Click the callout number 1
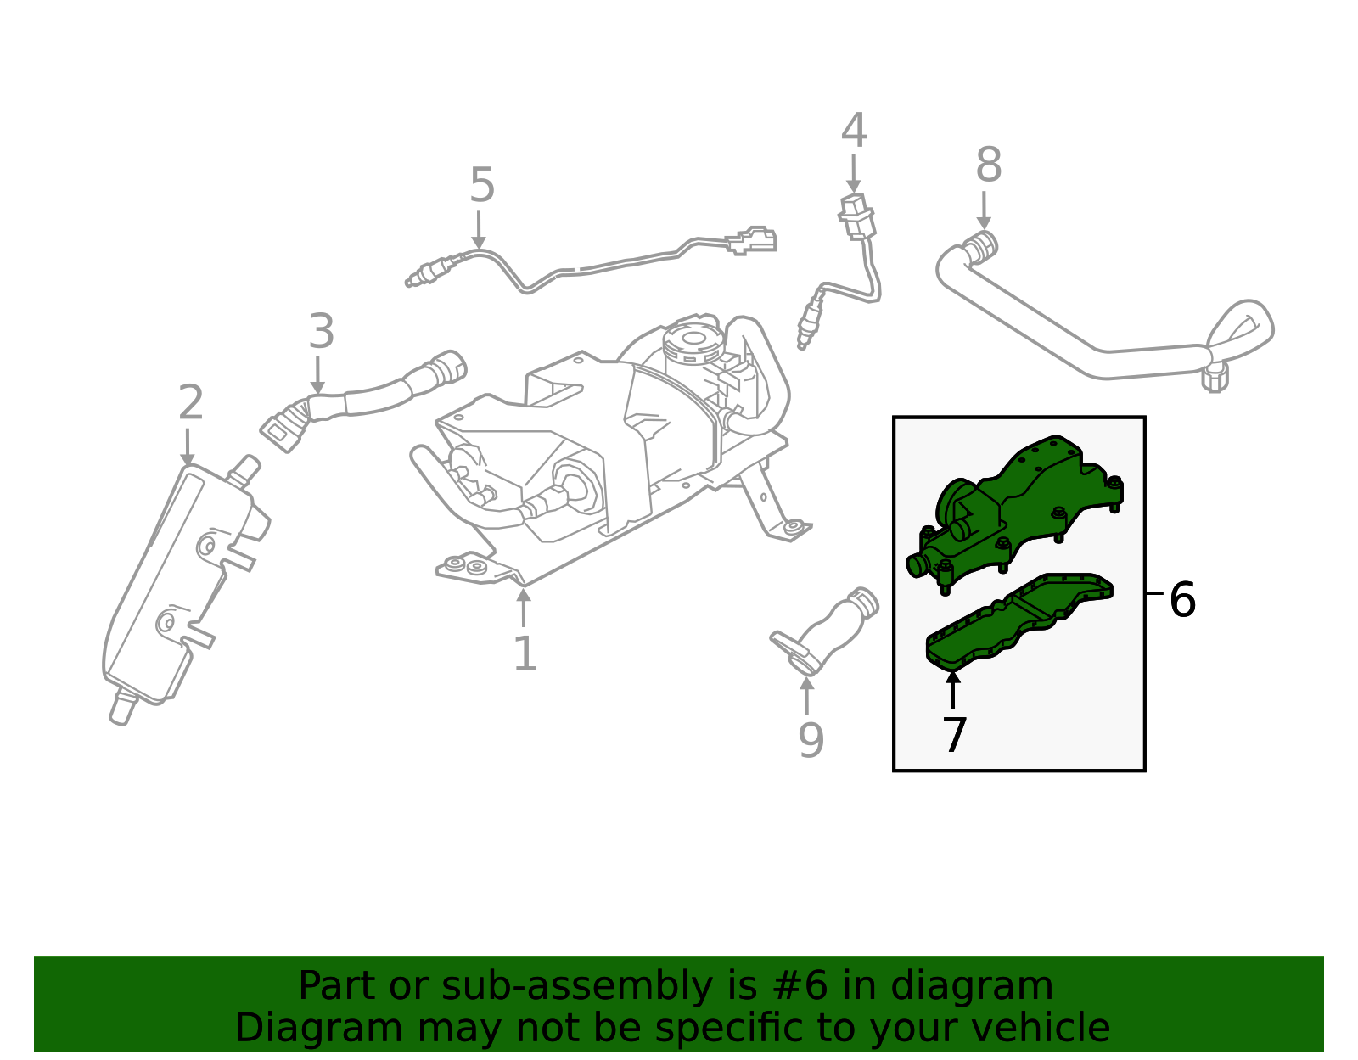coord(525,654)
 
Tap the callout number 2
coord(190,403)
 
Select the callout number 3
coord(321,332)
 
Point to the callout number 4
coord(854,132)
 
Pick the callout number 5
coord(481,186)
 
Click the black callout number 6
coord(1181,600)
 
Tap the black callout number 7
coord(954,735)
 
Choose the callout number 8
coord(988,165)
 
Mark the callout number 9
coord(811,740)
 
